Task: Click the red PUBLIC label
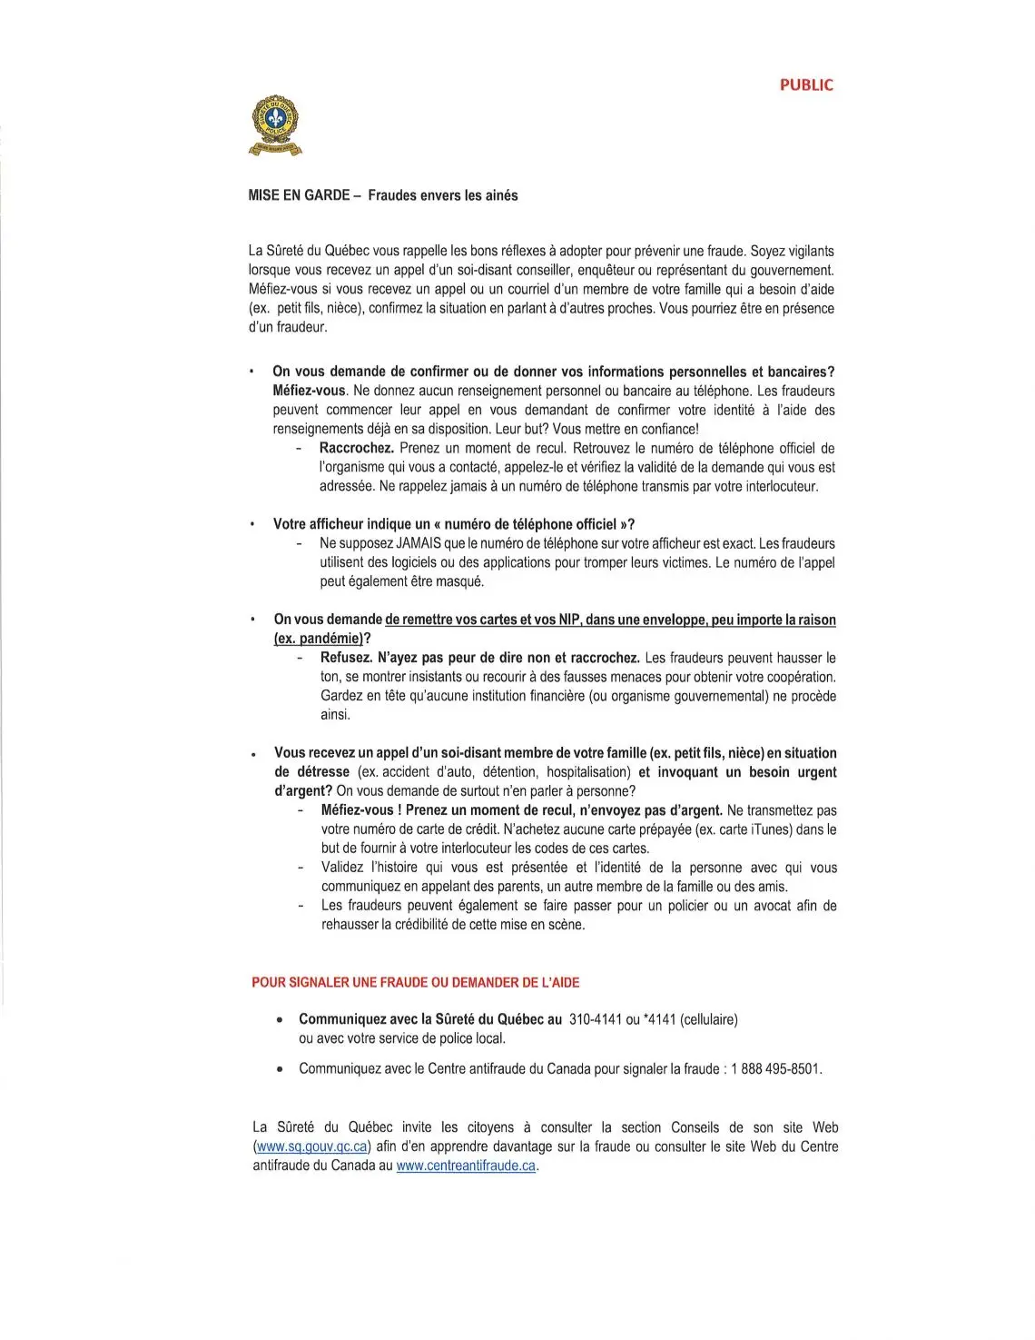pyautogui.click(x=805, y=85)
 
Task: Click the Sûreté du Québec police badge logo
pyautogui.click(x=275, y=125)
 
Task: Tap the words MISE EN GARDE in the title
pyautogui.click(x=299, y=195)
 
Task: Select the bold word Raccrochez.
pyautogui.click(x=356, y=448)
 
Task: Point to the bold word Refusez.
pyautogui.click(x=346, y=658)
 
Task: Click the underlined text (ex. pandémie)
pyautogui.click(x=319, y=639)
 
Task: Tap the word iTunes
pyautogui.click(x=770, y=829)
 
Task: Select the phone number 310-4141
pyautogui.click(x=595, y=1019)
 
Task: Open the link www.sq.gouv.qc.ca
pyautogui.click(x=311, y=1146)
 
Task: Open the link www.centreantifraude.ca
pyautogui.click(x=467, y=1166)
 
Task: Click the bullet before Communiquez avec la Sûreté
pyautogui.click(x=281, y=1020)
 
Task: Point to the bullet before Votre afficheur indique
pyautogui.click(x=252, y=525)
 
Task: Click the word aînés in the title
pyautogui.click(x=500, y=195)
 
